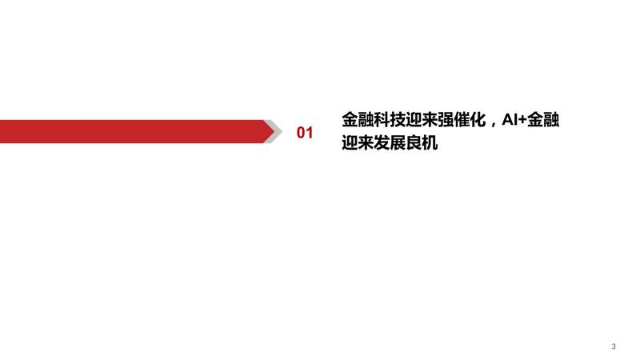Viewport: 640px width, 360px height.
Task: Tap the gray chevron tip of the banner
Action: tap(282, 131)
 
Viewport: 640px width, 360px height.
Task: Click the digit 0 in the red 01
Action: tap(301, 133)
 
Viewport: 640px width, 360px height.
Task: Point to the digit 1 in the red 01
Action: tap(310, 133)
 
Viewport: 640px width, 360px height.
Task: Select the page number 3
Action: tap(614, 346)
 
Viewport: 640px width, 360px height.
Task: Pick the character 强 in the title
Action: tap(446, 119)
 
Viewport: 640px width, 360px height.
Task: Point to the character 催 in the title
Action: tap(462, 119)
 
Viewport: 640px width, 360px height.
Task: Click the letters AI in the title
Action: tap(510, 120)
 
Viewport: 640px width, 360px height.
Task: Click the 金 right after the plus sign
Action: tap(535, 119)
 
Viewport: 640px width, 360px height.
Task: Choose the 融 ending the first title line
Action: tap(551, 119)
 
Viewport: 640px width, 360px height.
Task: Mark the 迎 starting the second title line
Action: tap(350, 142)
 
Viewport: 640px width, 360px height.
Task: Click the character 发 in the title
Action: tap(382, 142)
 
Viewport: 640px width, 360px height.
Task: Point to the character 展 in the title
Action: tap(397, 142)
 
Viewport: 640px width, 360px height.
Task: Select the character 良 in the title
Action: tap(414, 142)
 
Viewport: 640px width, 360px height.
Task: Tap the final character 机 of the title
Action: tap(430, 142)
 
